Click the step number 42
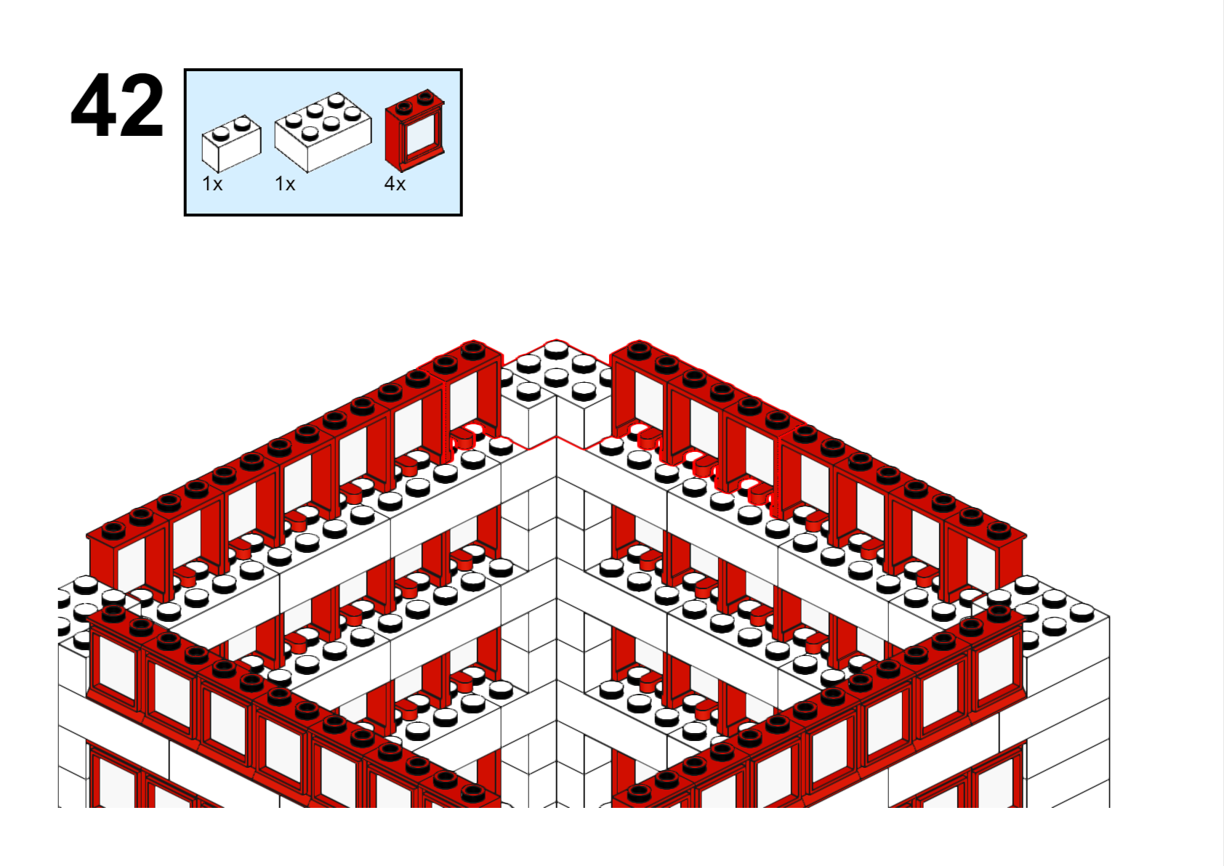[117, 105]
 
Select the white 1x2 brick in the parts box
[231, 143]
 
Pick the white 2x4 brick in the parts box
[323, 132]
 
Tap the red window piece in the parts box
[415, 130]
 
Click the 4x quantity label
[395, 184]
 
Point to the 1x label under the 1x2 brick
[212, 184]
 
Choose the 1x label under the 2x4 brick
[285, 184]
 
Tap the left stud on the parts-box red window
[405, 107]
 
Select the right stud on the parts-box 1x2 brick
[242, 124]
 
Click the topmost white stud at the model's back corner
[556, 349]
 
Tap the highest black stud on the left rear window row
[473, 349]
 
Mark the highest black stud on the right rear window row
[639, 349]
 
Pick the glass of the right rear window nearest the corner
[648, 401]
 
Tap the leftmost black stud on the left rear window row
[113, 530]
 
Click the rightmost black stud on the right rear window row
[999, 530]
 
